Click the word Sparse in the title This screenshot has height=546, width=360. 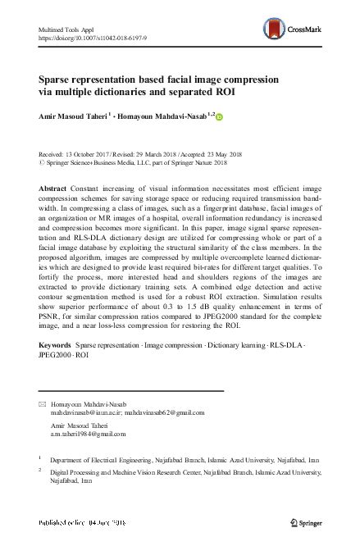point(57,80)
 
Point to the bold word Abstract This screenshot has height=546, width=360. point(53,188)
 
